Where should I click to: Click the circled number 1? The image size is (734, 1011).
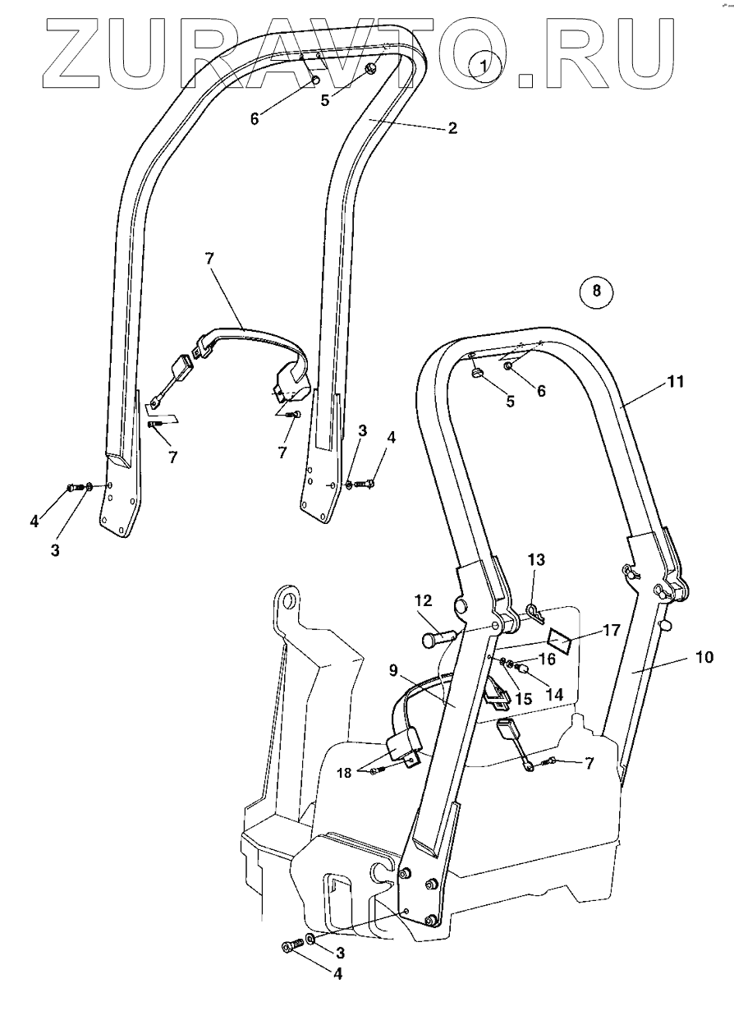click(x=484, y=63)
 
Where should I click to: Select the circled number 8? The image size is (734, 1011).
click(x=597, y=289)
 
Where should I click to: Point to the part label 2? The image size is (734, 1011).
click(x=452, y=128)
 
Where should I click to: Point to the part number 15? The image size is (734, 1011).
click(x=522, y=698)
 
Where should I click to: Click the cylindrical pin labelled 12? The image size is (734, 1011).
click(x=437, y=637)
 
